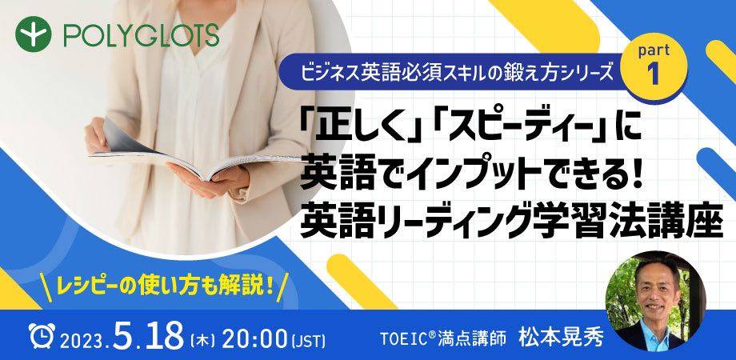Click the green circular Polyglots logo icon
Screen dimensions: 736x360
(x=33, y=34)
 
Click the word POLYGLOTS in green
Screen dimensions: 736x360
(x=142, y=35)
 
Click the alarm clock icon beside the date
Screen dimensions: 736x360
(x=42, y=334)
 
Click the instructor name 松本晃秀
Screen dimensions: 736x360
(x=561, y=338)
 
